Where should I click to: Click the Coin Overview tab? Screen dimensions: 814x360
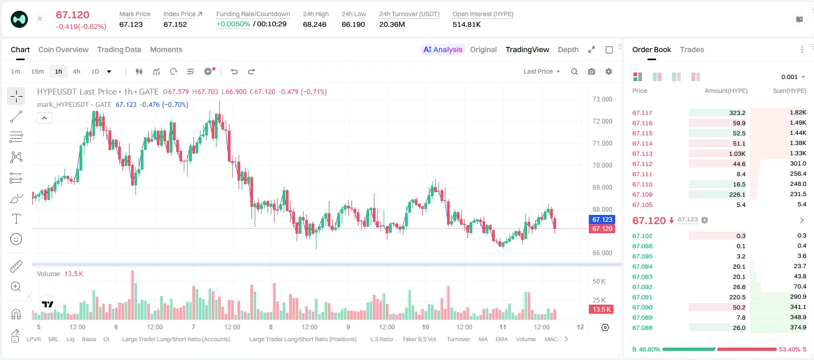[x=63, y=49]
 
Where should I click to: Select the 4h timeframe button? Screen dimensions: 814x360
[x=76, y=71]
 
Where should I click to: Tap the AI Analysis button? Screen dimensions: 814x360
[x=443, y=49]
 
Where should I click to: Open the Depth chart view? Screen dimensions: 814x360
[x=568, y=49]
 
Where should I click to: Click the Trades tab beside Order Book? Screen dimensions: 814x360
[x=692, y=49]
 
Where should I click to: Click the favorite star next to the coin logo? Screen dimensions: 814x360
[x=40, y=18]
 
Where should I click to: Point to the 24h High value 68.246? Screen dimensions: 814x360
[x=314, y=24]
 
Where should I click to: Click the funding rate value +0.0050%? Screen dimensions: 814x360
[x=233, y=24]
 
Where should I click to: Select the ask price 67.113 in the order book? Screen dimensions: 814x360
[x=642, y=154]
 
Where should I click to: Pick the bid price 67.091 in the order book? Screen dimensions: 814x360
[x=642, y=297]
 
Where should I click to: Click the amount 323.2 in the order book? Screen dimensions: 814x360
[x=737, y=113]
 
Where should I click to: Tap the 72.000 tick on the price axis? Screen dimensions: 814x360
[x=602, y=121]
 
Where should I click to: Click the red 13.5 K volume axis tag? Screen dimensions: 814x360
[x=602, y=309]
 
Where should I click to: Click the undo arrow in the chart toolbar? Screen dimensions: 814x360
[x=234, y=71]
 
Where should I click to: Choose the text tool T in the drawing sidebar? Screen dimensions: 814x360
[x=16, y=219]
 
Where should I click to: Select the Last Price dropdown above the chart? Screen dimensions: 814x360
[x=542, y=71]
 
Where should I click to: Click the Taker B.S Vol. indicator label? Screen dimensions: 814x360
[x=419, y=339]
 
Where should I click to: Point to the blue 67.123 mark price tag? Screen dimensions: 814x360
[x=602, y=219]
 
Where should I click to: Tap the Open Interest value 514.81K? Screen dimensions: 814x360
[x=466, y=24]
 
